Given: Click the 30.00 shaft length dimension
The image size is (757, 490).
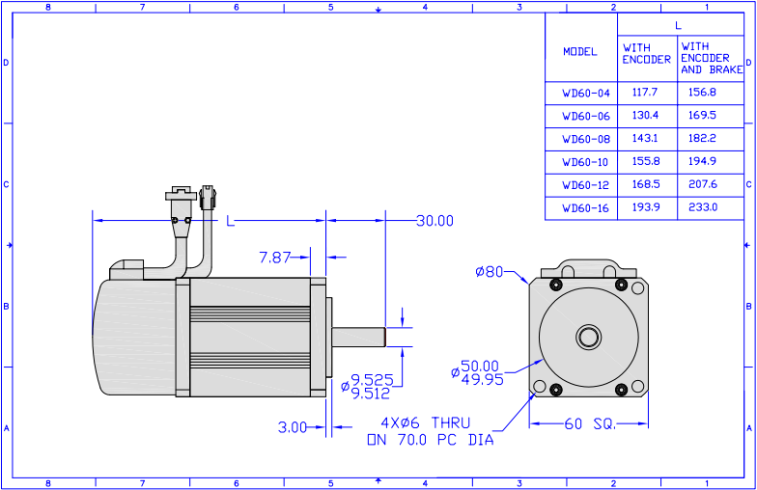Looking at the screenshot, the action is (435, 221).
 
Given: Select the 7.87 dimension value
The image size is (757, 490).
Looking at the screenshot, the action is (275, 258).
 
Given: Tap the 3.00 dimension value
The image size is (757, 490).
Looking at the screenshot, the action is (292, 427).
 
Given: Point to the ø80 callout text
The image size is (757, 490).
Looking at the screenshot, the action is (490, 272).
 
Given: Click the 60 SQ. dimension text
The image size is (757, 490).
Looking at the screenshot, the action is (590, 424).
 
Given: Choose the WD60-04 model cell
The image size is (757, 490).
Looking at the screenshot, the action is (586, 93).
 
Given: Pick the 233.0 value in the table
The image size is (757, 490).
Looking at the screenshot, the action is (703, 207).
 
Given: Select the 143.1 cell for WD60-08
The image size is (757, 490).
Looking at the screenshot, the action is (645, 139).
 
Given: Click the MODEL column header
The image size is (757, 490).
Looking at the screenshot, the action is (580, 52).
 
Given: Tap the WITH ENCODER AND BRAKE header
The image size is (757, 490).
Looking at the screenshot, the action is (712, 58).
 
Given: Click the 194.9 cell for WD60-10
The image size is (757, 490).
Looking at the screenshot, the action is (703, 162).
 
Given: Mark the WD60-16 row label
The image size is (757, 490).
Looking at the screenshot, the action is (585, 208).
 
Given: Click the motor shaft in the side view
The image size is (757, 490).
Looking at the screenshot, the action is (359, 338).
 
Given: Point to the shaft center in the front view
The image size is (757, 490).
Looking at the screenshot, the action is (589, 337).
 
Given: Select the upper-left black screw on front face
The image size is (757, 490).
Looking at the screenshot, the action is (556, 285).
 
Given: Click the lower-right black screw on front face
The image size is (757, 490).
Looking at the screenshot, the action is (622, 390).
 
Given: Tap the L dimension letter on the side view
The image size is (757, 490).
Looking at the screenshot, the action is (230, 222).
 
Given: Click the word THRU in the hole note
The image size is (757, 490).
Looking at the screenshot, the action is (450, 423).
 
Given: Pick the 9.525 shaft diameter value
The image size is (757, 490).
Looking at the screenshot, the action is (372, 380).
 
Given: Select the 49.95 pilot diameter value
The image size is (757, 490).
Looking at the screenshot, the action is (483, 380).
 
